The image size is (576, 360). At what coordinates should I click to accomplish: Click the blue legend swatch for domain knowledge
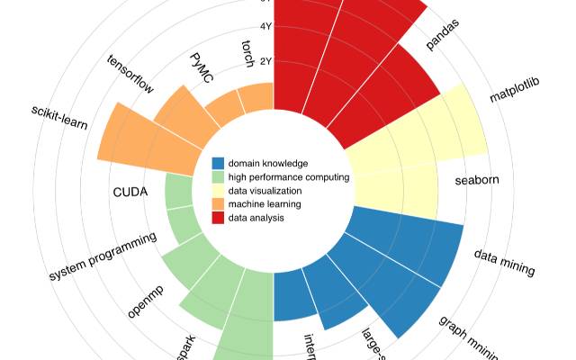click(x=218, y=164)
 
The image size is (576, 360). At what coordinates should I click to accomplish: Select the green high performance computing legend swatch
click(x=218, y=177)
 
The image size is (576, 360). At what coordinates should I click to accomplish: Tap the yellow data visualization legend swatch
click(x=218, y=191)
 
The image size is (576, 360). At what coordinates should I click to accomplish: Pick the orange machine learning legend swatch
click(x=218, y=204)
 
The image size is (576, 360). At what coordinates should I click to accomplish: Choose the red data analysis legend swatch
click(x=218, y=218)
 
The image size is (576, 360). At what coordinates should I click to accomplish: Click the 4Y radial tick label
click(x=266, y=27)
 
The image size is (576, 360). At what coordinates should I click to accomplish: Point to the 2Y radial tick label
click(x=266, y=61)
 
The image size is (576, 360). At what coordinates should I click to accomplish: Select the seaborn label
click(x=477, y=180)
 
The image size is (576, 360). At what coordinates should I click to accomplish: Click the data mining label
click(x=505, y=262)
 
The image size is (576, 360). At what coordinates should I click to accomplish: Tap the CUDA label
click(x=130, y=192)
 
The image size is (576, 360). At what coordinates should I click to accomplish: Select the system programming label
click(x=103, y=256)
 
